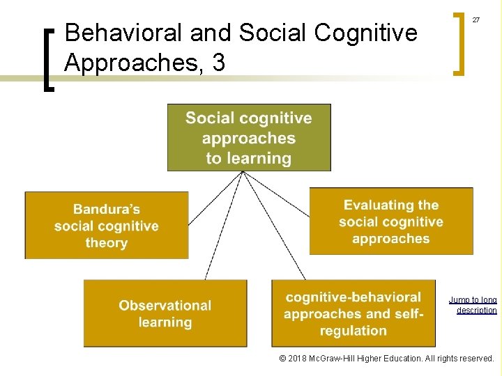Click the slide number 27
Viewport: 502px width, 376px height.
(x=476, y=19)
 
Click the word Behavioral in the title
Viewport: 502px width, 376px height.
(x=114, y=33)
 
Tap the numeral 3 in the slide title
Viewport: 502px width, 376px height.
(x=218, y=63)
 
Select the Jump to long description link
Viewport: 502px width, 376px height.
(x=473, y=305)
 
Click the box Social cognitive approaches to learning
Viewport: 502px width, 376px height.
(x=249, y=138)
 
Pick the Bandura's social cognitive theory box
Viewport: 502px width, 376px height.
(x=106, y=225)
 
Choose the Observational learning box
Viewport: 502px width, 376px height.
(x=165, y=313)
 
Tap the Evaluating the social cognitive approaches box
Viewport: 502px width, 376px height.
(x=391, y=221)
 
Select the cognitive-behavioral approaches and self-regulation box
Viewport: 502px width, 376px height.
(x=353, y=313)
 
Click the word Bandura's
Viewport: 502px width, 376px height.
(x=107, y=208)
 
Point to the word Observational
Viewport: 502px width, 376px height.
(x=165, y=305)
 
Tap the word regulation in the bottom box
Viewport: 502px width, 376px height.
(x=354, y=331)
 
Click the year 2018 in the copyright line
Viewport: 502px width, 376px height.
(x=301, y=359)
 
